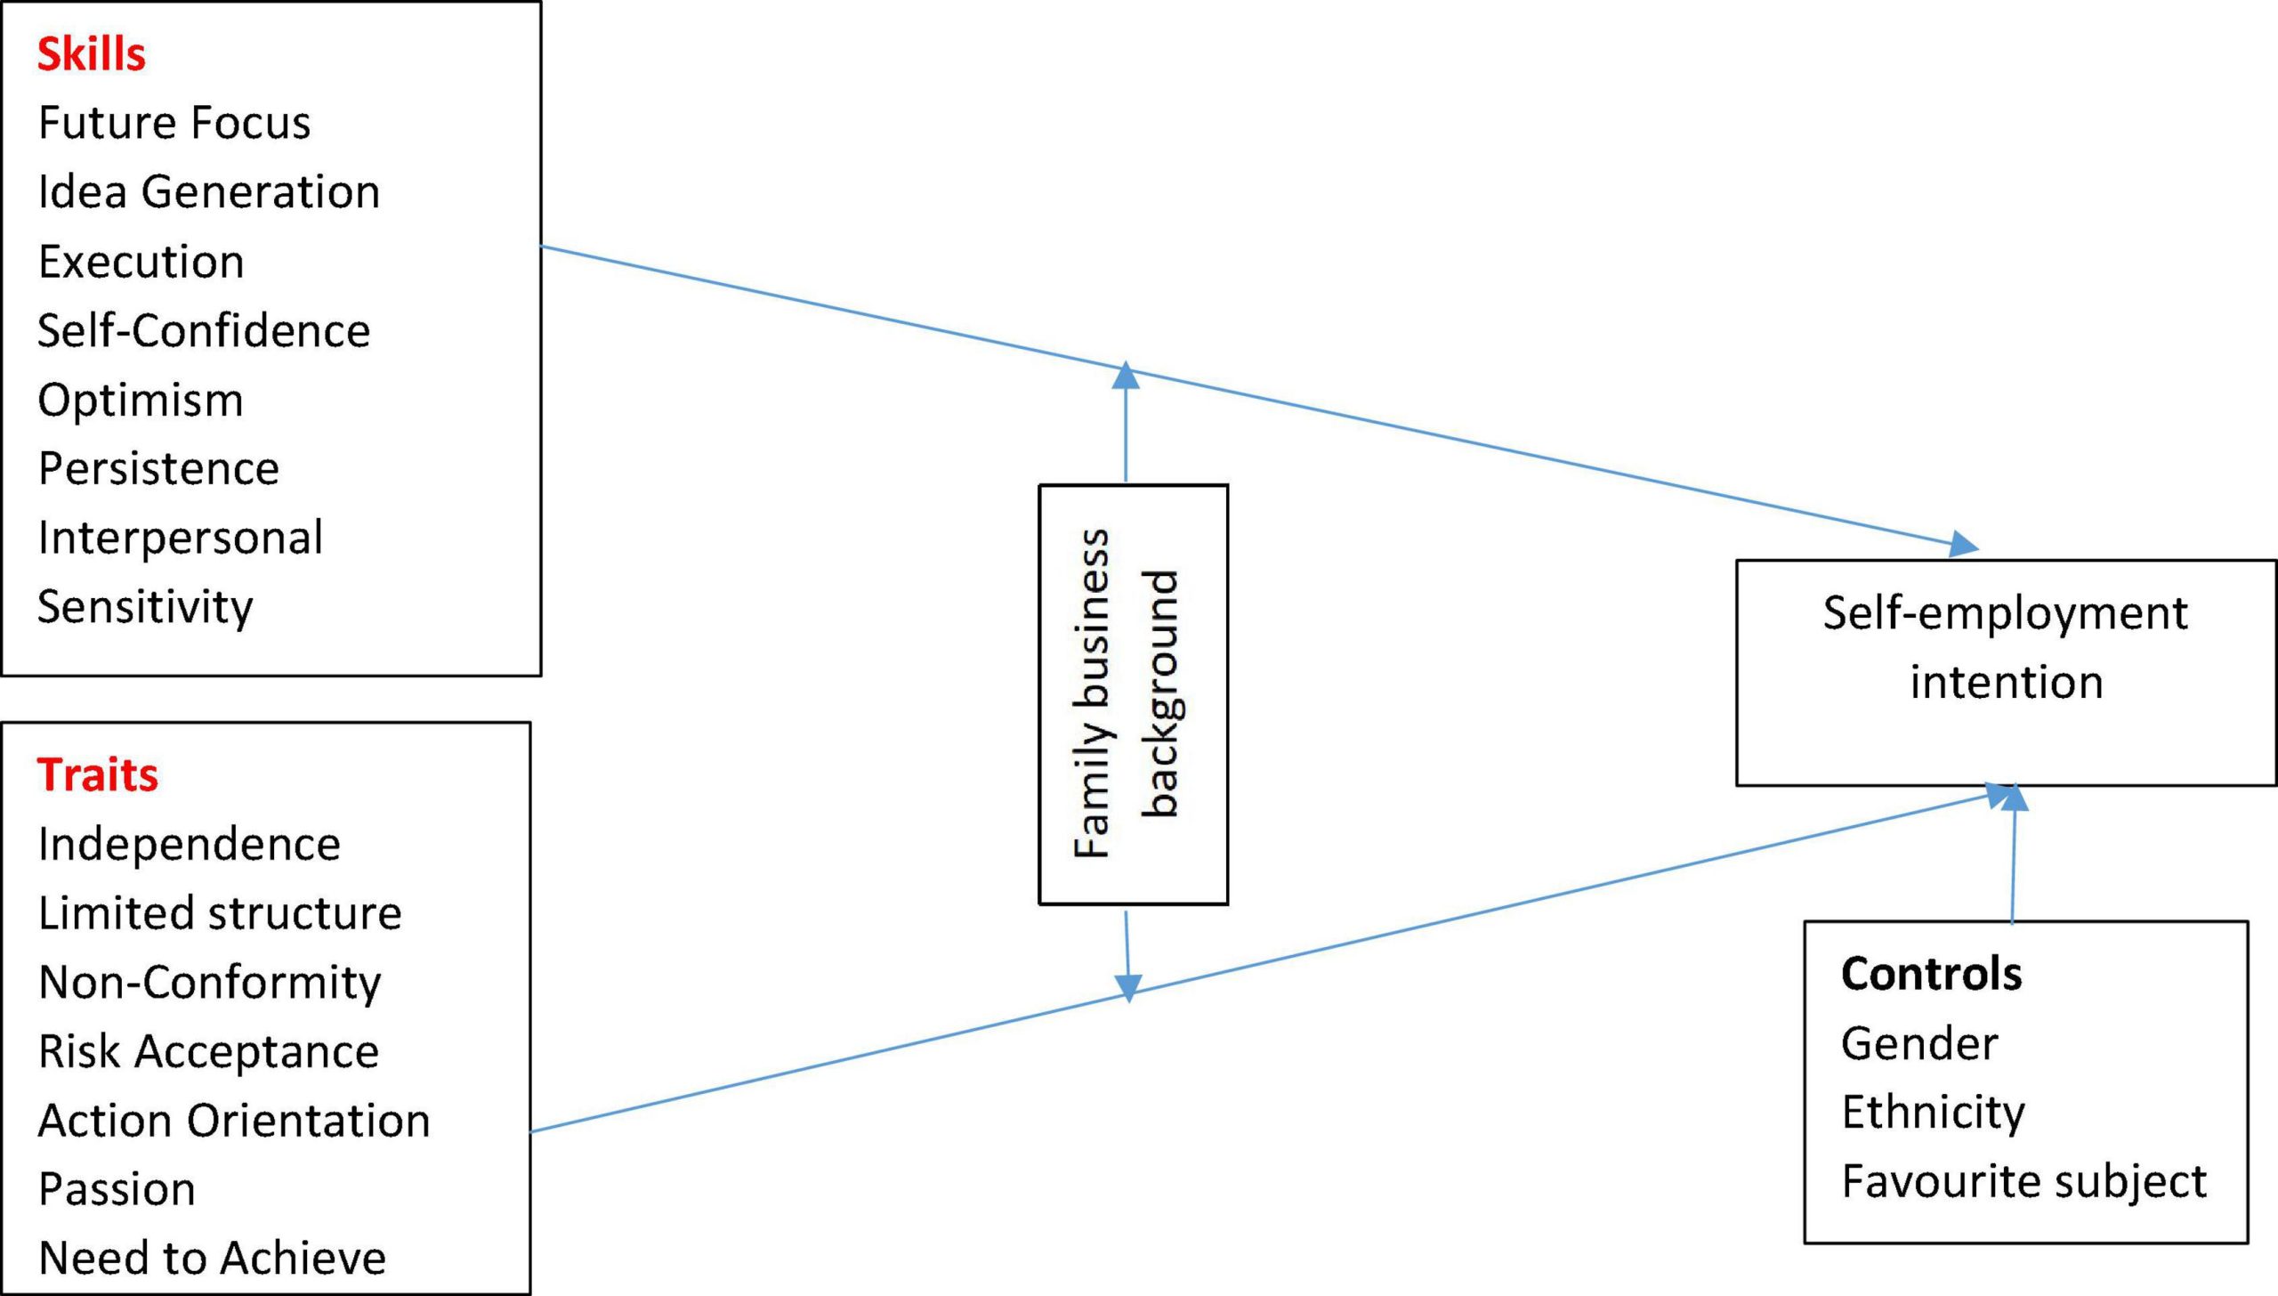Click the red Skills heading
pyautogui.click(x=91, y=54)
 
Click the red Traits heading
pyautogui.click(x=98, y=774)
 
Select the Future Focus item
pyautogui.click(x=174, y=123)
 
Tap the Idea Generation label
pyautogui.click(x=209, y=192)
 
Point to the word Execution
pyautogui.click(x=141, y=262)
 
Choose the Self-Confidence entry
pyautogui.click(x=204, y=330)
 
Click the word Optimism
pyautogui.click(x=141, y=401)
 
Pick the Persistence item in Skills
pyautogui.click(x=158, y=469)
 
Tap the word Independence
pyautogui.click(x=190, y=845)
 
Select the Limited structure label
pyautogui.click(x=220, y=913)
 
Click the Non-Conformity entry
pyautogui.click(x=210, y=983)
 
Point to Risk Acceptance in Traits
pyautogui.click(x=209, y=1052)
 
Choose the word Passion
pyautogui.click(x=117, y=1189)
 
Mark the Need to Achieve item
pyautogui.click(x=213, y=1259)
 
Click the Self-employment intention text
pyautogui.click(x=2006, y=647)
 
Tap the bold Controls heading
pyautogui.click(x=1932, y=974)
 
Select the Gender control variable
pyautogui.click(x=1919, y=1043)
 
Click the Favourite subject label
pyautogui.click(x=2024, y=1182)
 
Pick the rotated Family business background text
pyautogui.click(x=1127, y=694)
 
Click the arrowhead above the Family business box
pyautogui.click(x=1127, y=375)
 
